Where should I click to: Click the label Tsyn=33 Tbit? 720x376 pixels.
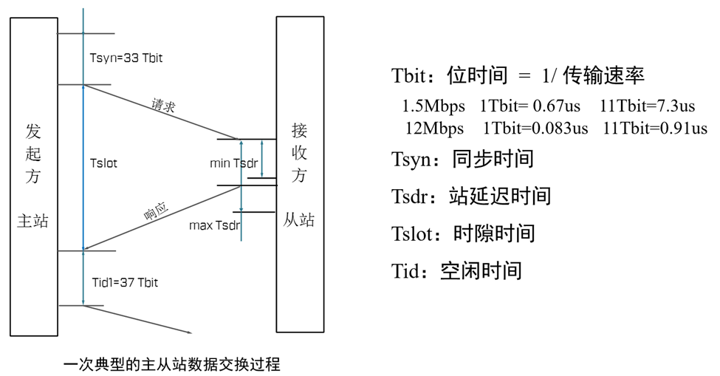click(125, 58)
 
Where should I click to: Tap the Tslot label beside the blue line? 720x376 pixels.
click(103, 163)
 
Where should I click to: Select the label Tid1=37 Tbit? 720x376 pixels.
click(125, 282)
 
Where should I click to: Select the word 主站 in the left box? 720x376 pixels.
click(32, 220)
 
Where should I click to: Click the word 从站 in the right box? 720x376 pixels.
click(299, 219)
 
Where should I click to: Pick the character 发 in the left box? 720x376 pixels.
click(33, 131)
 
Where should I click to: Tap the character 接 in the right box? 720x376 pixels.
click(299, 131)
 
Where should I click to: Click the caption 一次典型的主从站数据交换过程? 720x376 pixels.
click(172, 364)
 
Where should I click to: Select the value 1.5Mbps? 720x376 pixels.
click(430, 105)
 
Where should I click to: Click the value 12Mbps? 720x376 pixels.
click(434, 128)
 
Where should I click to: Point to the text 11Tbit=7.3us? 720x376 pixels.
click(648, 105)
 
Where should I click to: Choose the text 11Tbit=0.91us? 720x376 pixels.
click(655, 128)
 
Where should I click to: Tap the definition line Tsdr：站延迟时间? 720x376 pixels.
click(471, 196)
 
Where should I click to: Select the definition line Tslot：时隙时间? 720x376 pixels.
click(463, 233)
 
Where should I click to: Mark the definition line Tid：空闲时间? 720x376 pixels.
click(456, 270)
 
